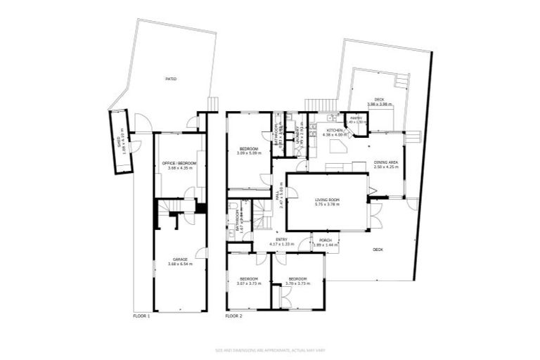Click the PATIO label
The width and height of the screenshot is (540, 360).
[170, 79]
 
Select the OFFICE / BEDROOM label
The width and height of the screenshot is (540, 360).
[179, 163]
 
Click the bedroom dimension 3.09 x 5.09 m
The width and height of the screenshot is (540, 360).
[249, 153]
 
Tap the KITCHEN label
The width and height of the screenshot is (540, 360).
[334, 131]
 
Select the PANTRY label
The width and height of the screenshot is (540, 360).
[356, 118]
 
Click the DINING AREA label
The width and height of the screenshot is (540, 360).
[386, 162]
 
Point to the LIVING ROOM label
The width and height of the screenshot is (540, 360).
[327, 200]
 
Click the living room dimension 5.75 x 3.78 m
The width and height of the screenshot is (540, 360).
[327, 205]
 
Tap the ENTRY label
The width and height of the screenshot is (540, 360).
[281, 240]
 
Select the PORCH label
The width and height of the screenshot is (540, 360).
[325, 240]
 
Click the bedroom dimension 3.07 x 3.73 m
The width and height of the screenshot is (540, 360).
[248, 283]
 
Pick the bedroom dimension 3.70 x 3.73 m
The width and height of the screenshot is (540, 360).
[297, 283]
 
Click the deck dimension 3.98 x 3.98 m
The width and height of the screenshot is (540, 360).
[379, 104]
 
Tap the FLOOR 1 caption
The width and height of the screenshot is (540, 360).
[141, 316]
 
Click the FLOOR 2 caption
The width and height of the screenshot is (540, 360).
[233, 316]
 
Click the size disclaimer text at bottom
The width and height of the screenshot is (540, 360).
[270, 349]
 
